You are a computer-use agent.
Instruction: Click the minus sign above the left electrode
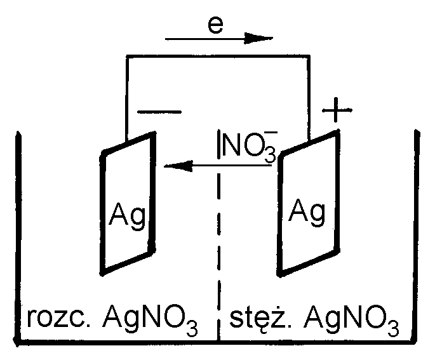(159, 112)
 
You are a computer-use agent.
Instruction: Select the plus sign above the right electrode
(337, 112)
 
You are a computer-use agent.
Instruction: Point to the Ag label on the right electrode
(308, 209)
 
